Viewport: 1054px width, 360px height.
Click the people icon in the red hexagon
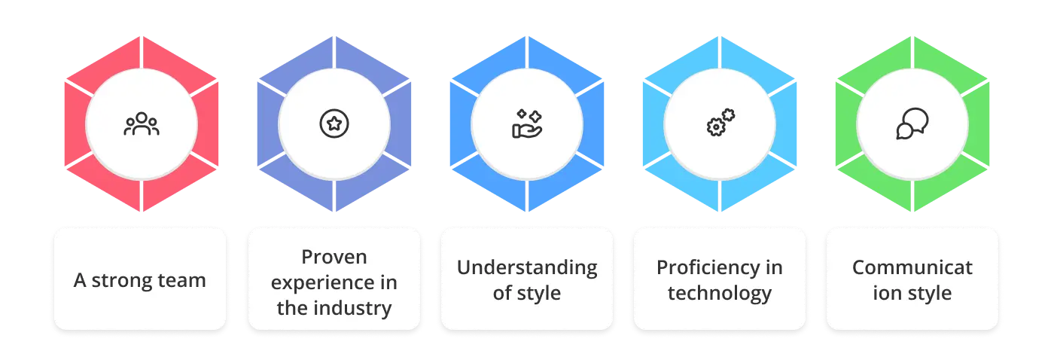(142, 124)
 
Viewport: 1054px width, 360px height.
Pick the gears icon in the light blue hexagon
(720, 123)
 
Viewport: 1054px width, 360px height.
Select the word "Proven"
(334, 257)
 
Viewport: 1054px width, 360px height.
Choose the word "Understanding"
(527, 268)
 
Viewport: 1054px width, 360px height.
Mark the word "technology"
(720, 294)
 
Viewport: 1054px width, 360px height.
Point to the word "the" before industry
(292, 308)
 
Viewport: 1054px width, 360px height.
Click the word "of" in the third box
(502, 293)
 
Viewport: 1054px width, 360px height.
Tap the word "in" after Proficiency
(774, 268)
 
